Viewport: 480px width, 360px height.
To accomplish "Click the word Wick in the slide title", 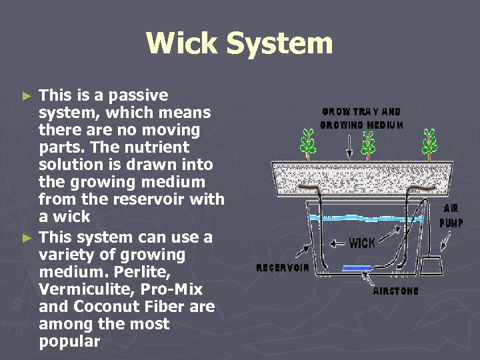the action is pyautogui.click(x=182, y=43).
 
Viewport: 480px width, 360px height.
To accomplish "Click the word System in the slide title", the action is pyautogui.click(x=278, y=43).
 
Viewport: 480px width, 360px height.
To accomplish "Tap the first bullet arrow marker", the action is pyautogui.click(x=27, y=96).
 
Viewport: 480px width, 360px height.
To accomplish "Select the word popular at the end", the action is pyautogui.click(x=69, y=342).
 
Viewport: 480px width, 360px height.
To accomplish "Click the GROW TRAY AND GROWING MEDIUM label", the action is pyautogui.click(x=361, y=118).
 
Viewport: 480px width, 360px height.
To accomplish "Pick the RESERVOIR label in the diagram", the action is pyautogui.click(x=283, y=268).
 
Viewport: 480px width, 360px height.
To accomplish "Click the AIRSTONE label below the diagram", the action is pyautogui.click(x=396, y=291).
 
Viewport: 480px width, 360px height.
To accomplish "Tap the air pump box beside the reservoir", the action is pyautogui.click(x=431, y=264).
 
